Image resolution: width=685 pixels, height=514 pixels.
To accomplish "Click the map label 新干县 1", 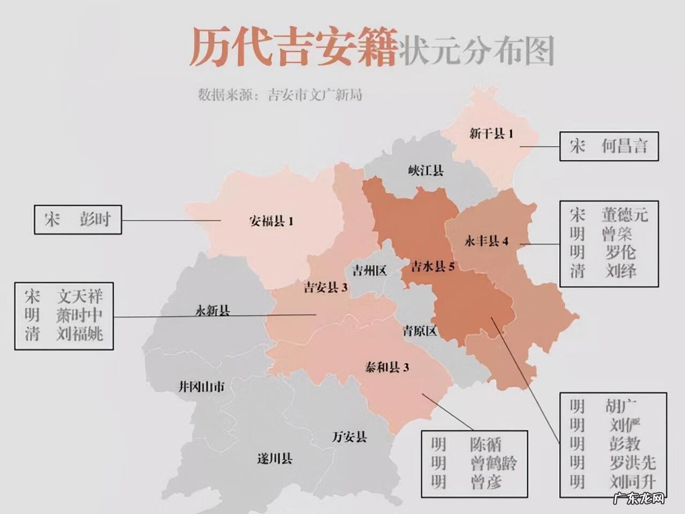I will [491, 134].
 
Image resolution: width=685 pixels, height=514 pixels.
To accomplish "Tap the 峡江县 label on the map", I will [425, 171].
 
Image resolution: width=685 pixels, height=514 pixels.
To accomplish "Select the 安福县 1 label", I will [271, 221].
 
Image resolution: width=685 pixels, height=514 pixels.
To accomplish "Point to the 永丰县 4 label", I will [486, 241].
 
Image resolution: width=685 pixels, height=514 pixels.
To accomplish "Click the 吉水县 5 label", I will [432, 266].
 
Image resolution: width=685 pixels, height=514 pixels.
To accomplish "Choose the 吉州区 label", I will [369, 270].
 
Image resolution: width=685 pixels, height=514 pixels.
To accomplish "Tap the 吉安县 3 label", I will [325, 288].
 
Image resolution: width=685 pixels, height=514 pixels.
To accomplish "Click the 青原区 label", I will [420, 331].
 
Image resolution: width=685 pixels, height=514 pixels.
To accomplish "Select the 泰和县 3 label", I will [386, 367].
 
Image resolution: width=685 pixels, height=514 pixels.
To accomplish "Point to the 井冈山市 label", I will [201, 387].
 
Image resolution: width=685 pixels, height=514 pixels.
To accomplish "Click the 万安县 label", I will [349, 437].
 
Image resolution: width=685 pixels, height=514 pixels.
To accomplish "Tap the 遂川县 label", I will [275, 459].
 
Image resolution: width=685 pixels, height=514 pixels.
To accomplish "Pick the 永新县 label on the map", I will [212, 311].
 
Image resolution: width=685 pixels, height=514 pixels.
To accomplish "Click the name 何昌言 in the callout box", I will [624, 146].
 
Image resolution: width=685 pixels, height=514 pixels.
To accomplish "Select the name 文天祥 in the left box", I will [80, 296].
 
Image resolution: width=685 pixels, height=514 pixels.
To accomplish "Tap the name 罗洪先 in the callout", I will [632, 463].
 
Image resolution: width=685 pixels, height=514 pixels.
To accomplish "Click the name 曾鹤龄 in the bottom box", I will [493, 463].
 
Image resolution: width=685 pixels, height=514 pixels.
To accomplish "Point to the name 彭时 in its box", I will [95, 219].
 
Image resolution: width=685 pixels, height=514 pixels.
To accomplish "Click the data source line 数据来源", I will [280, 95].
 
